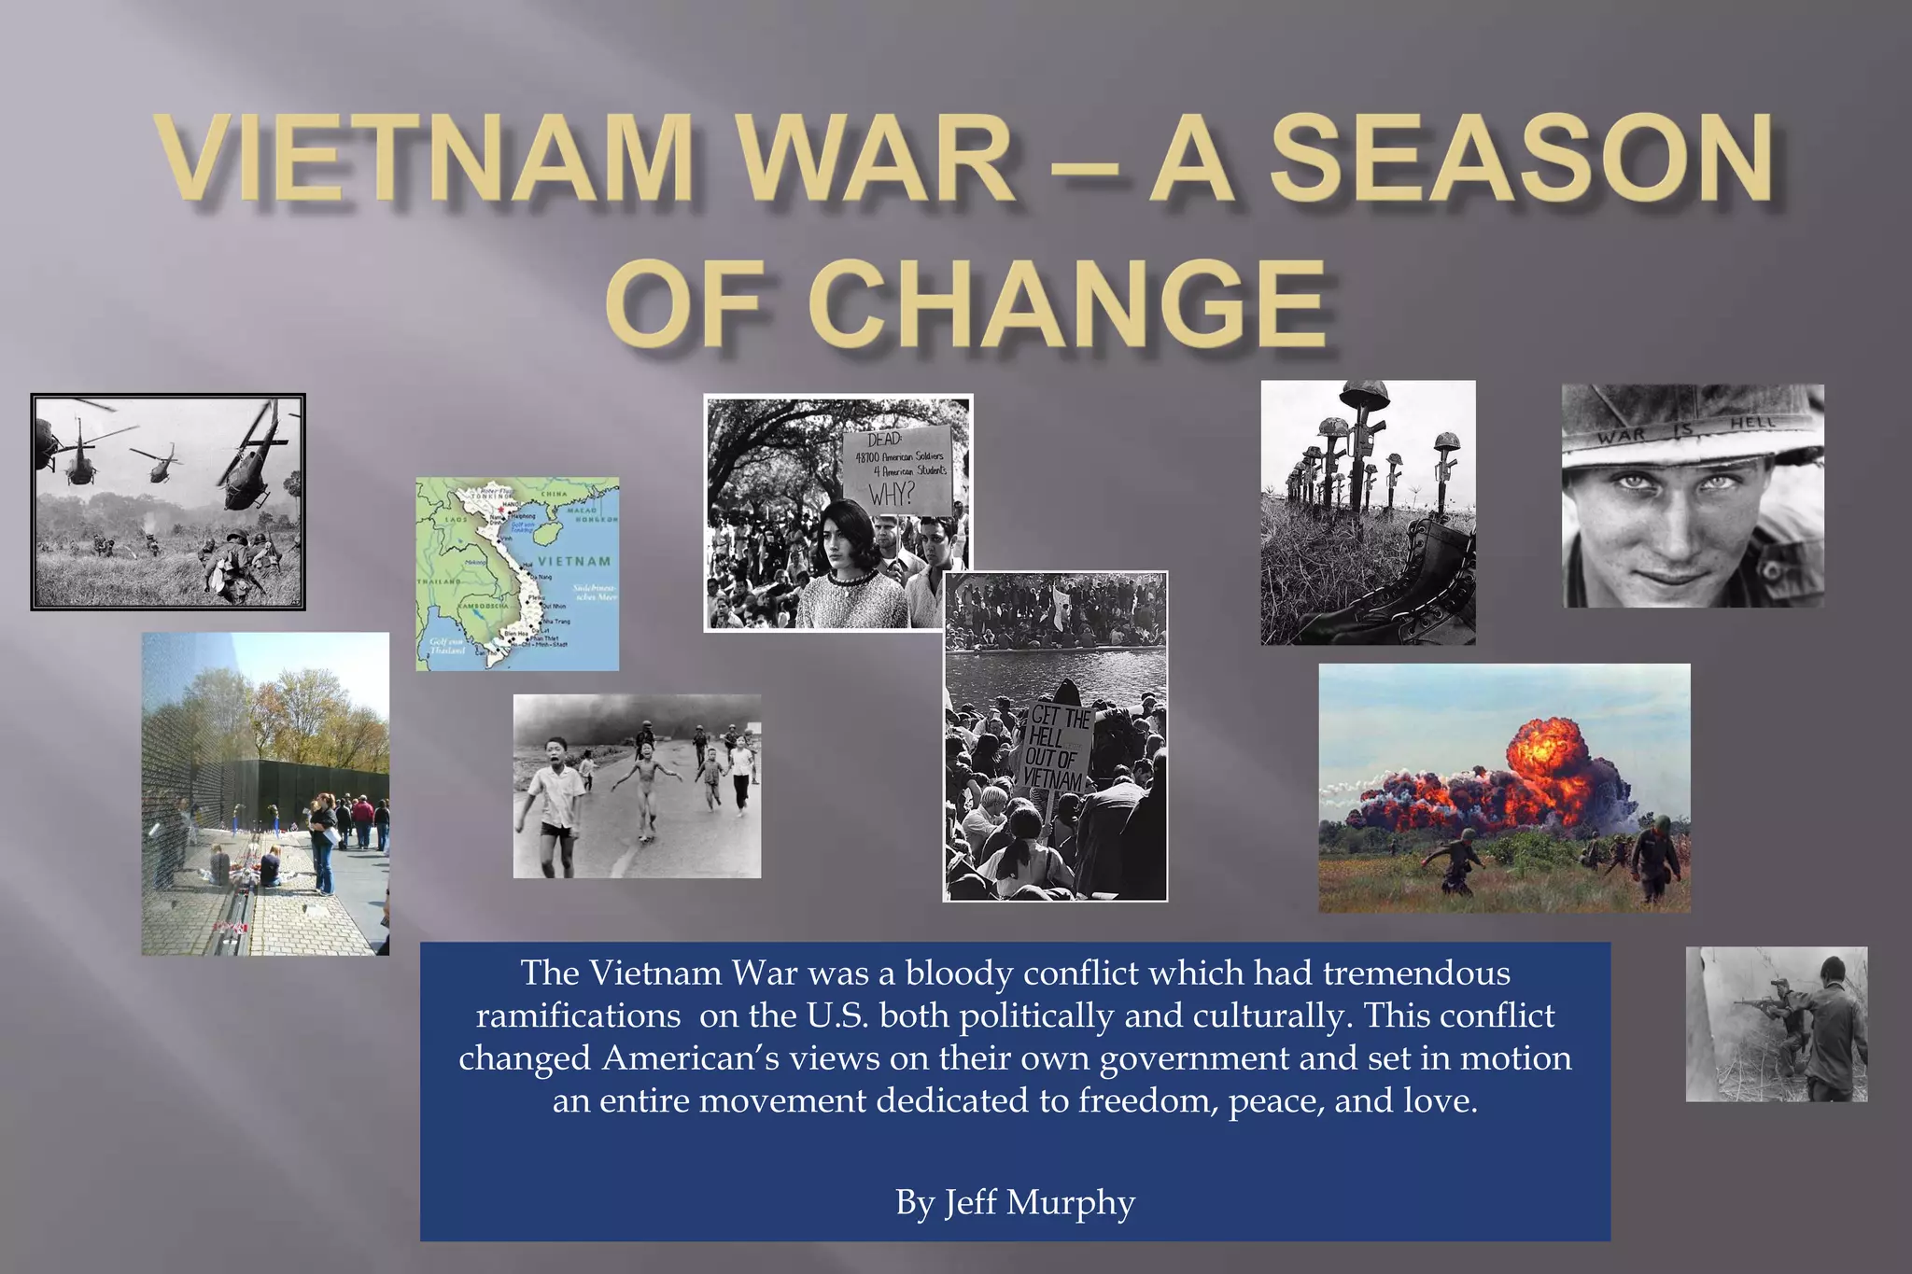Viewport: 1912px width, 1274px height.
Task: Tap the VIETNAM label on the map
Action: (x=574, y=561)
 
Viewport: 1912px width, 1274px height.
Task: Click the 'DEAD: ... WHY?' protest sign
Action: (x=897, y=469)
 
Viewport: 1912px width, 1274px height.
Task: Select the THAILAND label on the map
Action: (x=439, y=581)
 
